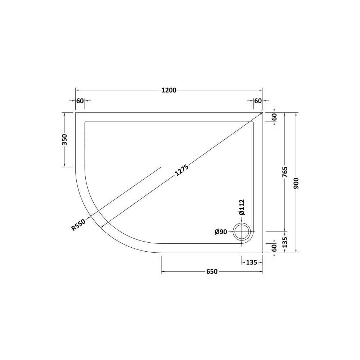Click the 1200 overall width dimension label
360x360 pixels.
click(169, 90)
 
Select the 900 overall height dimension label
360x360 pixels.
click(296, 184)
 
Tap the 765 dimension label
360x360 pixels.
click(285, 172)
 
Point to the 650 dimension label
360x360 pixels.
click(212, 271)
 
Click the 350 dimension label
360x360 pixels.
click(64, 139)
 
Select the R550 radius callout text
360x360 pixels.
click(78, 225)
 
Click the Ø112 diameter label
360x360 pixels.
click(242, 207)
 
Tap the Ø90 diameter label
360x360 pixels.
click(221, 232)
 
